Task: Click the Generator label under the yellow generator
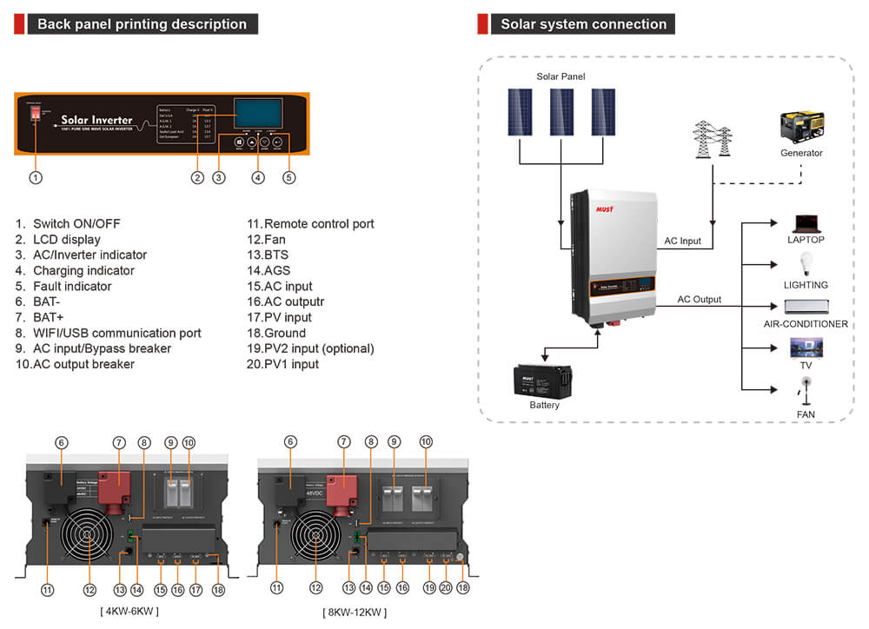point(801,153)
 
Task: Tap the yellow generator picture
point(801,127)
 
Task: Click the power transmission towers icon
point(712,138)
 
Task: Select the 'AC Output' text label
point(700,300)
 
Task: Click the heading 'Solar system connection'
point(583,24)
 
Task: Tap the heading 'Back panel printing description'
point(142,24)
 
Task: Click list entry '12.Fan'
point(266,239)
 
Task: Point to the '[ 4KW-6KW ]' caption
point(129,611)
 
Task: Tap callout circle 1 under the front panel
point(36,177)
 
